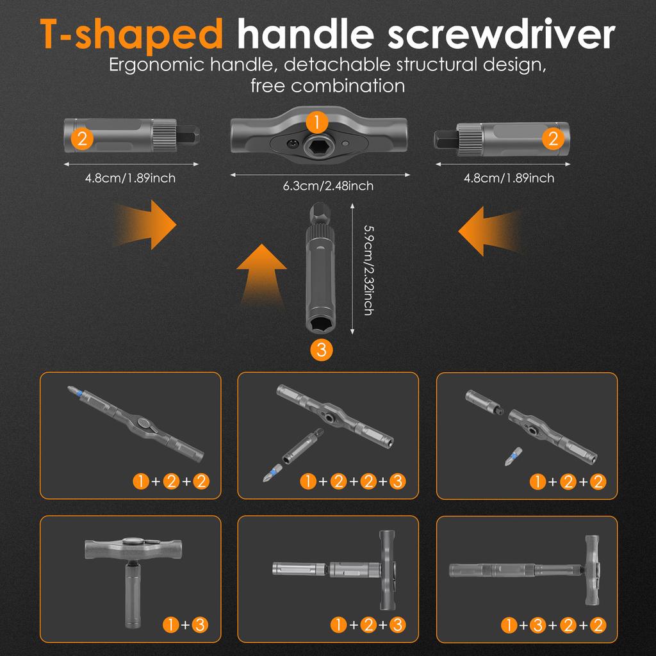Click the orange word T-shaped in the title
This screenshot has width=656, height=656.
(x=131, y=35)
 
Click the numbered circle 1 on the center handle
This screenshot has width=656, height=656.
(x=316, y=122)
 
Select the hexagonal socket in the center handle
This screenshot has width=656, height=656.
(x=316, y=147)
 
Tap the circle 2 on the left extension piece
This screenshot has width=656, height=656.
(x=82, y=138)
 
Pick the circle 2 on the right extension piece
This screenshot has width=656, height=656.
(x=553, y=138)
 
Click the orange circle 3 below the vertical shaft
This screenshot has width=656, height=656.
(x=322, y=349)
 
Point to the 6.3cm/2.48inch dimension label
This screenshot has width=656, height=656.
(x=328, y=186)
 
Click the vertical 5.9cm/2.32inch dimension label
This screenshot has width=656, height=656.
(x=368, y=270)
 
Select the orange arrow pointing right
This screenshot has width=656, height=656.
(x=147, y=225)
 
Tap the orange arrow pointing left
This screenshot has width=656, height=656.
(x=489, y=231)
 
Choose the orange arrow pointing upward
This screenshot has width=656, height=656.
(x=261, y=274)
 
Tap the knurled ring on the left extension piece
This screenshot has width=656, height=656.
(x=165, y=135)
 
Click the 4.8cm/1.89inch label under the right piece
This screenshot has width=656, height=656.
(x=509, y=178)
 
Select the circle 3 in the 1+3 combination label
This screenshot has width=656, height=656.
(x=200, y=625)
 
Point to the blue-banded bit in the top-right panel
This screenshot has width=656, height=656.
(x=514, y=456)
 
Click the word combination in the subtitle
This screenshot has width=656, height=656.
(x=348, y=86)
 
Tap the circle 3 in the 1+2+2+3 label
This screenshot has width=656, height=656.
(x=397, y=482)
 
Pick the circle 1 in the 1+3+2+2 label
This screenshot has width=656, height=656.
(x=509, y=625)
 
